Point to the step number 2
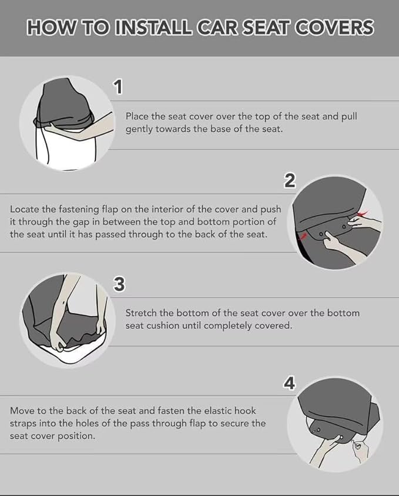pos(290,181)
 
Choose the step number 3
pos(119,284)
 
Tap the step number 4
pos(290,384)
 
